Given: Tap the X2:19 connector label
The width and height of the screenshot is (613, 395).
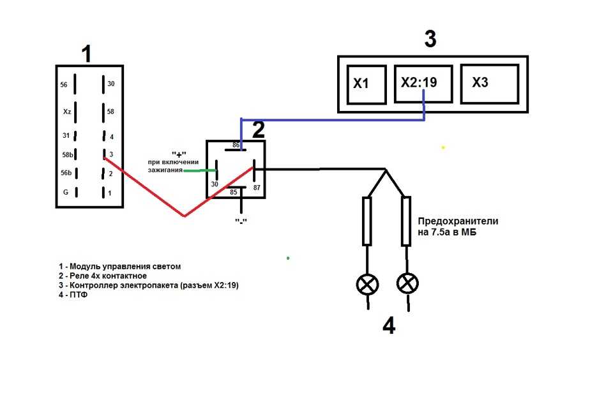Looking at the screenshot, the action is point(419,82).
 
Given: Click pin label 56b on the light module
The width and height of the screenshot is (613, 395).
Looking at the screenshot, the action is point(66,173).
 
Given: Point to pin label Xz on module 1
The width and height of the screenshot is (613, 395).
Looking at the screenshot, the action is point(67,112).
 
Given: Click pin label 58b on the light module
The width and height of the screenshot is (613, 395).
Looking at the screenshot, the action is point(68,154).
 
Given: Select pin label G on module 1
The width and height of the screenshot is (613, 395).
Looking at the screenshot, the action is point(66,192).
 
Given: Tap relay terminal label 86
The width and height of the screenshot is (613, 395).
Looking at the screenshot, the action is point(236,145).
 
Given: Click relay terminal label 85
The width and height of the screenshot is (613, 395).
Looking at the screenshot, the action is point(234,192).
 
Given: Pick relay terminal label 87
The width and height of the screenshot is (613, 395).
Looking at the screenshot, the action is point(257,188).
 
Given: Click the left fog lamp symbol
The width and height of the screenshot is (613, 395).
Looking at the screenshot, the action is point(368,284).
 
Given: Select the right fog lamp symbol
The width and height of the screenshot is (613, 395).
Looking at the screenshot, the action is point(407,283).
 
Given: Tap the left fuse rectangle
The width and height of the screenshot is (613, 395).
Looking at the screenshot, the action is point(367,221).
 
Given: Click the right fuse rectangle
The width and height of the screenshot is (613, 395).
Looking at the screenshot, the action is point(406,221).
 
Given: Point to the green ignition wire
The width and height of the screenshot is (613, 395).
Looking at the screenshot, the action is point(199,171).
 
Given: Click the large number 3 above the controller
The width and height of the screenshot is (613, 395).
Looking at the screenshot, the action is point(430,39).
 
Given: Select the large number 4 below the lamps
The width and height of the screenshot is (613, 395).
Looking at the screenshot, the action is point(389,326).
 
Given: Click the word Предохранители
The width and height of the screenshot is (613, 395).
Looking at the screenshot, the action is point(458,221).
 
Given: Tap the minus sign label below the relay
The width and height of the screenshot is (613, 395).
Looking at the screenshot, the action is point(241,221).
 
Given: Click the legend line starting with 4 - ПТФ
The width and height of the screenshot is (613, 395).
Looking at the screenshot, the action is point(73,295).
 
